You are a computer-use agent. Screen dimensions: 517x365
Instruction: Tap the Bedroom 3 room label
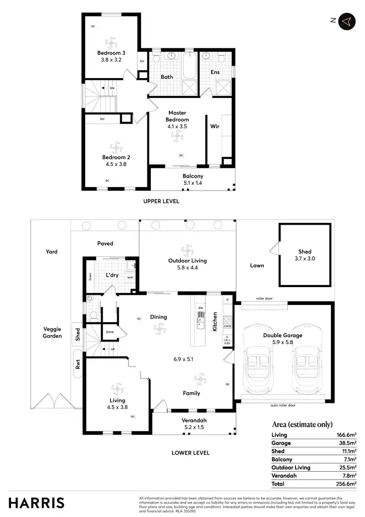pyautogui.click(x=109, y=53)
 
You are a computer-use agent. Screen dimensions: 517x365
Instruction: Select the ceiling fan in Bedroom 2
pyautogui.click(x=116, y=146)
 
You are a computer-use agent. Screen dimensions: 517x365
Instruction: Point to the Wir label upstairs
pyautogui.click(x=215, y=126)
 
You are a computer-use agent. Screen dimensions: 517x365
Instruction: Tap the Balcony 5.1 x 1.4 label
pyautogui.click(x=193, y=179)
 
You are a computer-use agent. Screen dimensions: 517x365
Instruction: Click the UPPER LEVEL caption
pyautogui.click(x=161, y=201)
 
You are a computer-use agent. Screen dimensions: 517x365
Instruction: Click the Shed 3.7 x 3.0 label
pyautogui.click(x=305, y=255)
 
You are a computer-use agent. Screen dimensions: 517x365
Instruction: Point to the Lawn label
pyautogui.click(x=257, y=266)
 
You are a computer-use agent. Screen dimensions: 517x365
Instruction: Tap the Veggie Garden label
pyautogui.click(x=52, y=332)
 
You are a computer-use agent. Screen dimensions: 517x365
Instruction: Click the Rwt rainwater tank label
pyautogui.click(x=78, y=365)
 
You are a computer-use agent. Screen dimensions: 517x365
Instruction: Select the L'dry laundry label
pyautogui.click(x=112, y=275)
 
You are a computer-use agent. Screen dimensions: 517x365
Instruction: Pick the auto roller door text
pyautogui.click(x=282, y=405)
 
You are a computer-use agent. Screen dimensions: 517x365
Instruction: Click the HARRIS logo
pyautogui.click(x=36, y=502)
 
